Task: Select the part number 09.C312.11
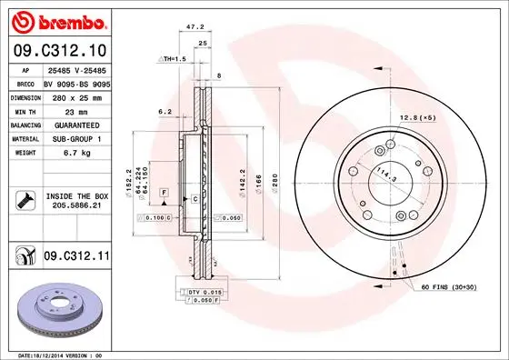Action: point(76,259)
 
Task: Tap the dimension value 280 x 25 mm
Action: point(76,96)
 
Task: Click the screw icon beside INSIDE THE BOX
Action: point(25,201)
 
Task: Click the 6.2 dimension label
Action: point(165,111)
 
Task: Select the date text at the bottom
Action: point(61,355)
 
